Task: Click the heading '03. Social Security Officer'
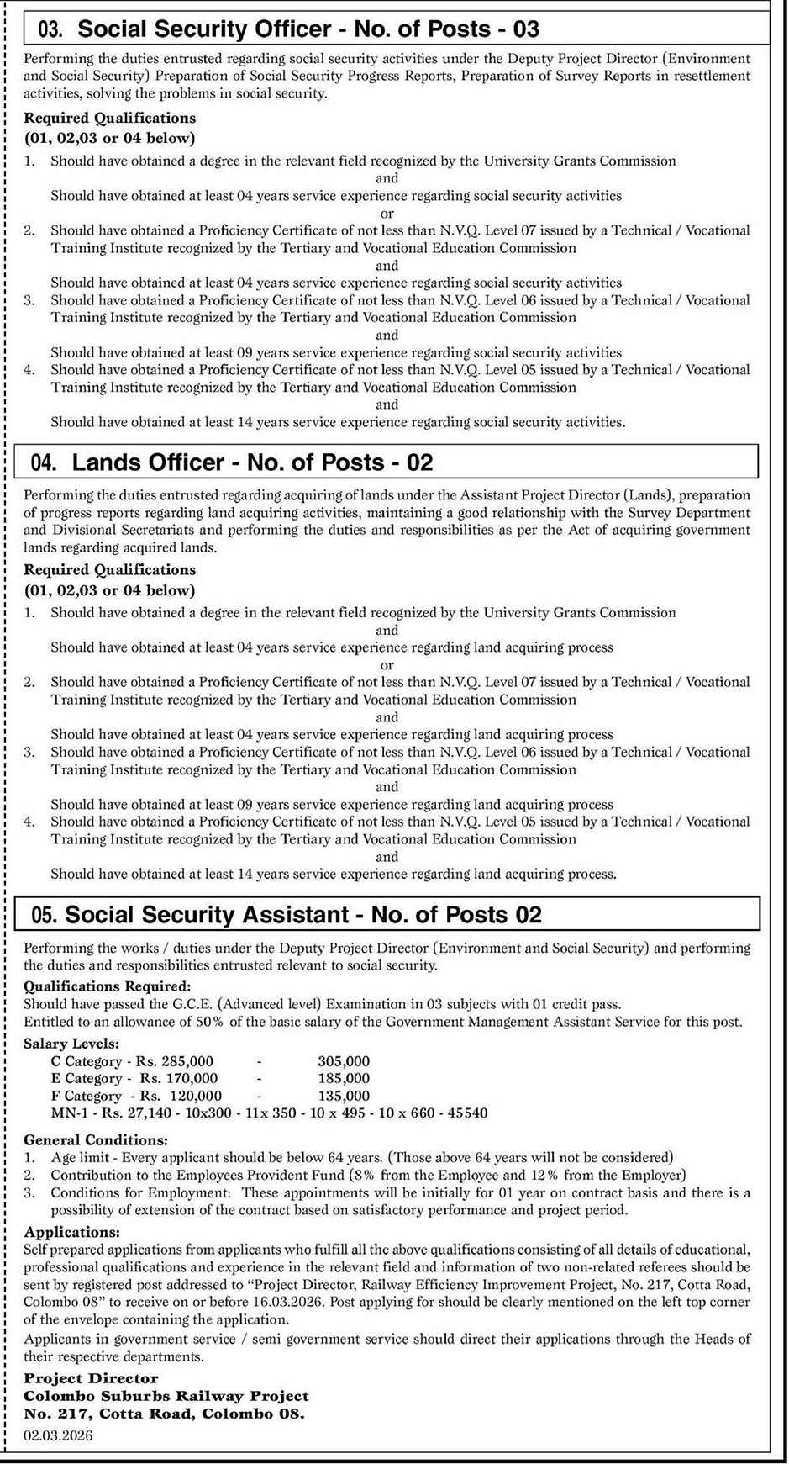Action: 290,30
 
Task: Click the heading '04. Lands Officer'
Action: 232,462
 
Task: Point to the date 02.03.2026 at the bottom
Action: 58,1435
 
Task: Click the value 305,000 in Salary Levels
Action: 344,1061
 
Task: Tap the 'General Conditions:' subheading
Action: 95,1140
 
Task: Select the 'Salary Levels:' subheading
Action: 71,1044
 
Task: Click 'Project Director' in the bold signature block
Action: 91,1378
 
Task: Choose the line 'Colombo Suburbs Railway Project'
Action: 166,1396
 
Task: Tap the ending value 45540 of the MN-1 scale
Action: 469,1113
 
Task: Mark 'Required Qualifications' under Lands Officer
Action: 109,570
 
